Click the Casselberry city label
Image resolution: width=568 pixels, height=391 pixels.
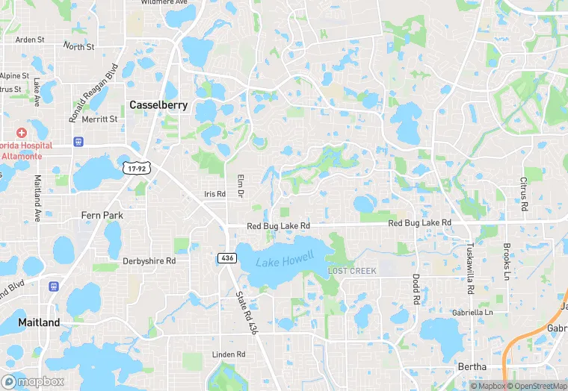click(x=158, y=105)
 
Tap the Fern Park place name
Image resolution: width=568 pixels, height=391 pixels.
click(x=102, y=215)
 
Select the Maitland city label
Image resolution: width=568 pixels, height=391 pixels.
click(x=39, y=322)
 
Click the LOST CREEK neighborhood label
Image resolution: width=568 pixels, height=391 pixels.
click(x=352, y=270)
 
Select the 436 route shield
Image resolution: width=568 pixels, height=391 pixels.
click(x=228, y=257)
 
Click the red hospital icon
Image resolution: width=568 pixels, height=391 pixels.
click(x=22, y=132)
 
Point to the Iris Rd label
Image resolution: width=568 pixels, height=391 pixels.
click(x=214, y=194)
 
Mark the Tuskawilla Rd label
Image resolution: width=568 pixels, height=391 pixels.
click(x=471, y=269)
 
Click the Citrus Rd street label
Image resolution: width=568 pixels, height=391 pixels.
click(x=524, y=194)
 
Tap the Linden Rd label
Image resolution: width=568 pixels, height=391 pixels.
click(x=229, y=354)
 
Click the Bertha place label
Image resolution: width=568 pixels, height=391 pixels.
click(x=472, y=366)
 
